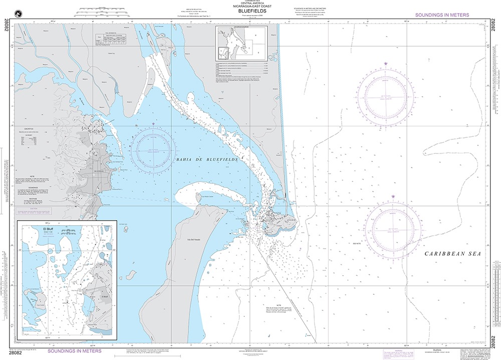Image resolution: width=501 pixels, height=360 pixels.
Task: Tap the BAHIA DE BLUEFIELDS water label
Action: coord(199,159)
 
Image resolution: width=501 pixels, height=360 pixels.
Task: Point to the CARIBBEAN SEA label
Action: coord(452,254)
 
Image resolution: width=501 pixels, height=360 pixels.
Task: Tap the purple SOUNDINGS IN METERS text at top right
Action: coord(442,15)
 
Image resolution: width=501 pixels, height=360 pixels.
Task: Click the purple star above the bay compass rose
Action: coord(153,124)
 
